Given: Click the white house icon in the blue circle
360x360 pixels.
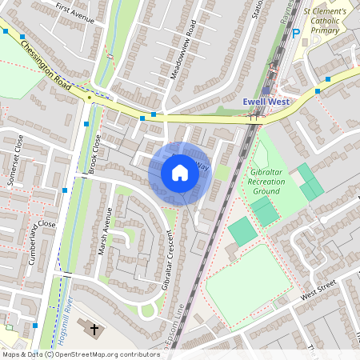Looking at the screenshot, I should tap(180, 172).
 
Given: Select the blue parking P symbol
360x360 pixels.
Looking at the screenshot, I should tap(295, 34).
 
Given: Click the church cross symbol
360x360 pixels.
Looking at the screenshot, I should tap(94, 330).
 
